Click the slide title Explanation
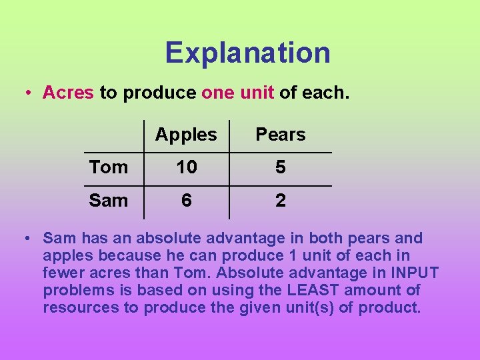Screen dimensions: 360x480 247,53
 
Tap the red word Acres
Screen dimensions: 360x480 68,92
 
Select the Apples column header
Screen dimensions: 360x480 186,135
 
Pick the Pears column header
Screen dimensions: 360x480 280,135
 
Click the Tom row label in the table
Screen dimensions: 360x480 109,167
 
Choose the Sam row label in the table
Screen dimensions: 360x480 109,200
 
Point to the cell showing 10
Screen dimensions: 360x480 187,167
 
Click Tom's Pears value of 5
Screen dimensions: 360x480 280,167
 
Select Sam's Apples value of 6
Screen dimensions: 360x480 187,200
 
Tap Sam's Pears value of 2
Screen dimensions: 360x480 280,200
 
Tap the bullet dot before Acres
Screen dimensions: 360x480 27,93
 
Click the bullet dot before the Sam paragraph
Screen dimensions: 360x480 27,239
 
